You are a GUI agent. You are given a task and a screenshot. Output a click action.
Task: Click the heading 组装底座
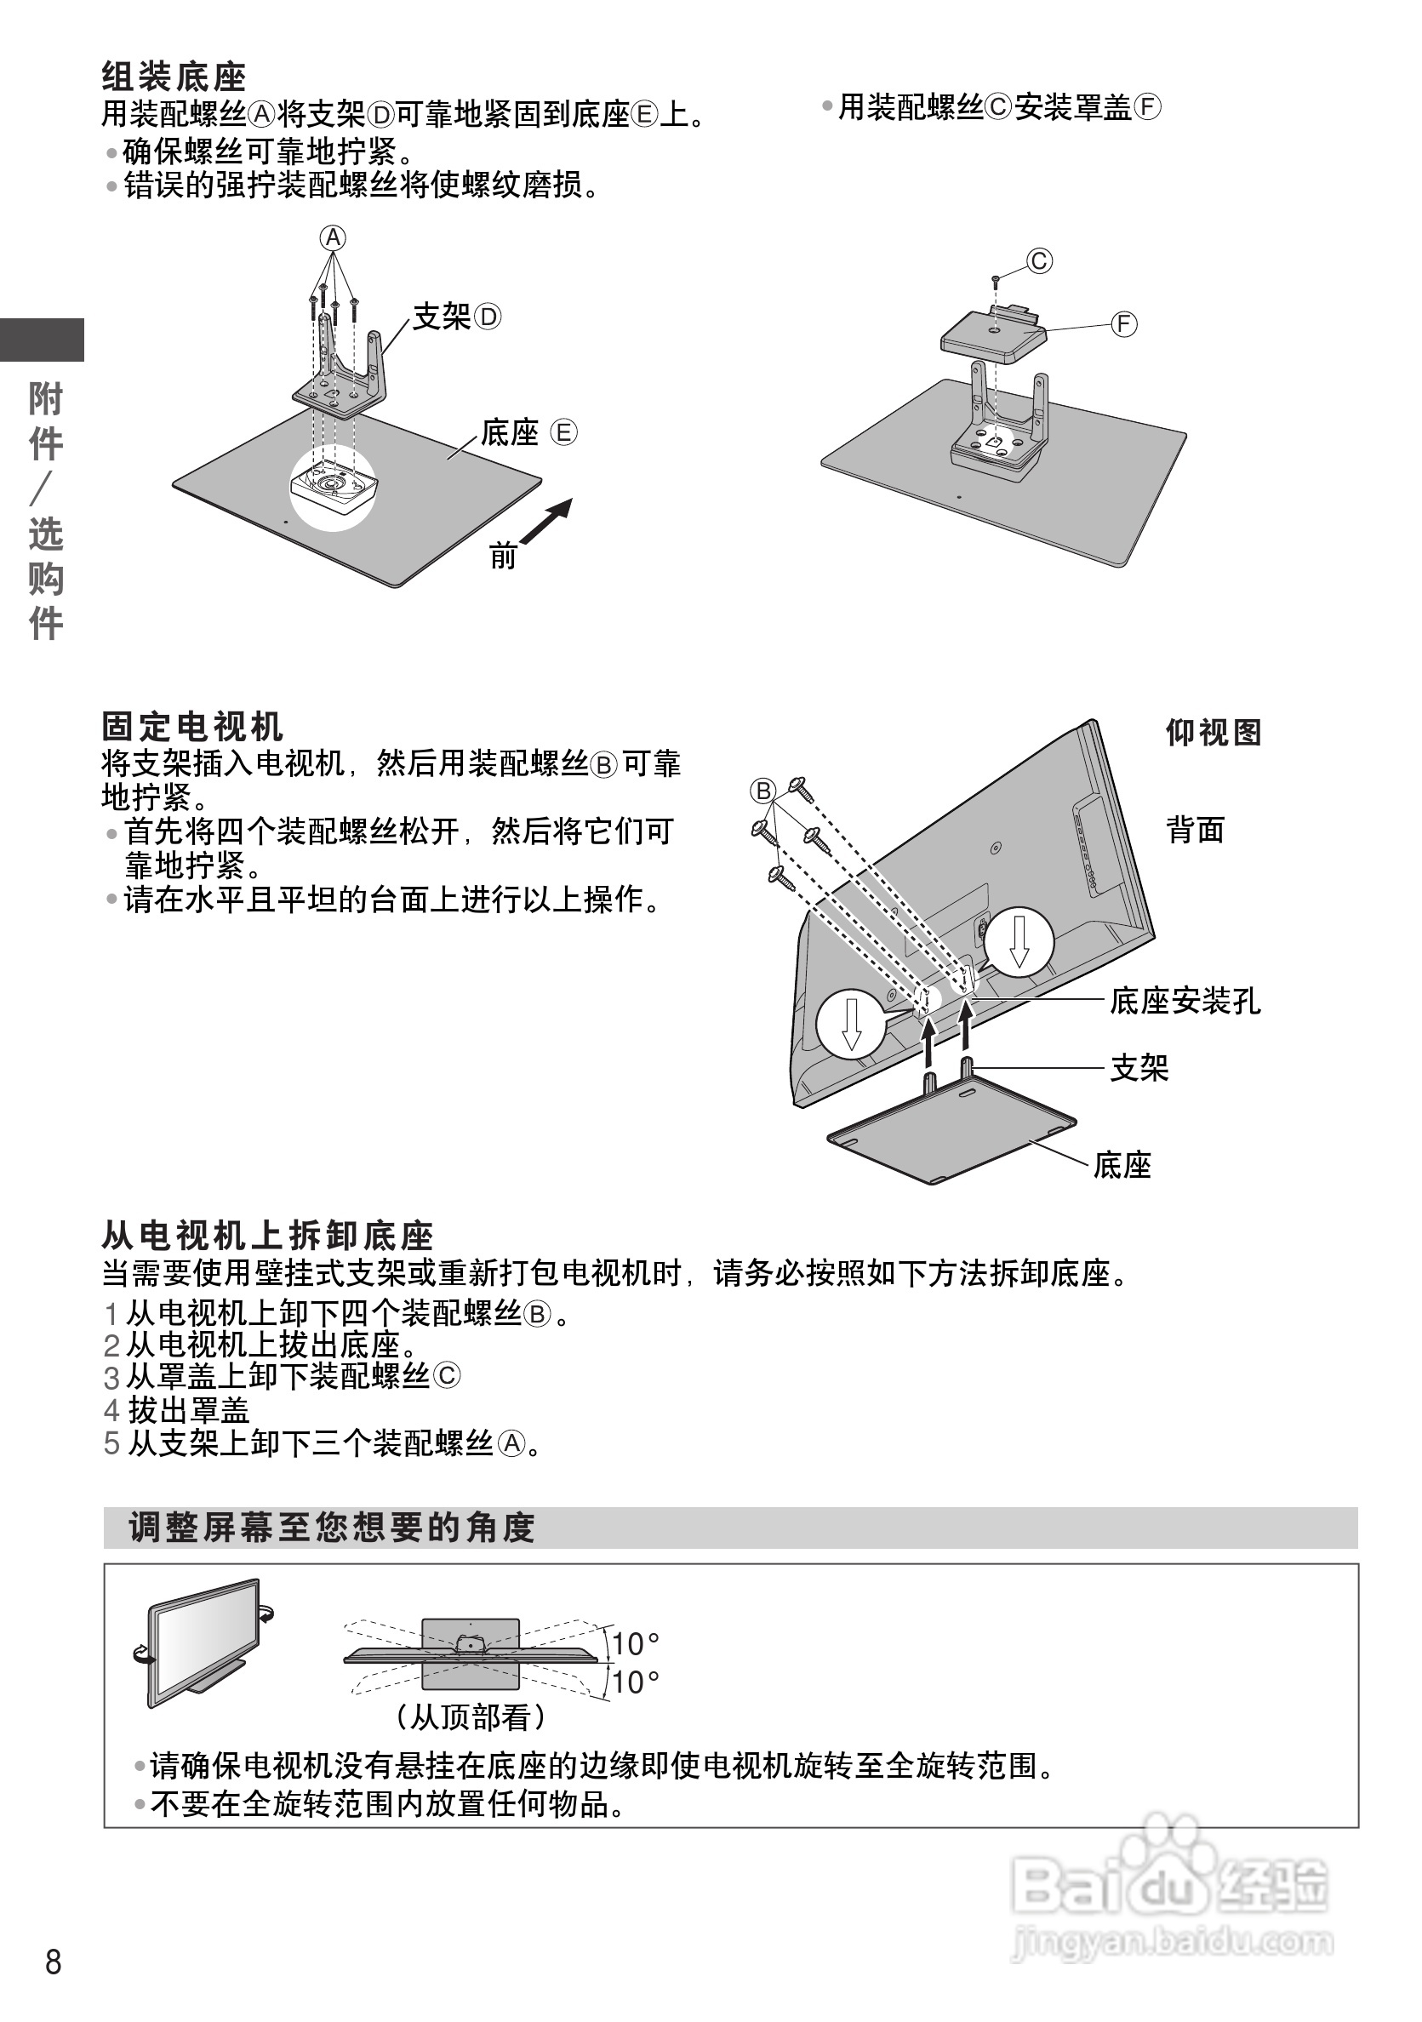[x=174, y=77]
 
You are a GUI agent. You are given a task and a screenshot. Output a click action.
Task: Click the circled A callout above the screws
[x=333, y=237]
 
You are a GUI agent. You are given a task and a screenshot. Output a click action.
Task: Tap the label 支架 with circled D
[x=456, y=317]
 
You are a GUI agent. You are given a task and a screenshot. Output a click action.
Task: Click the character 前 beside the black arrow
[x=503, y=557]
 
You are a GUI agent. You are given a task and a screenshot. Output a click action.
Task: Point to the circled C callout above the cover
[x=1040, y=261]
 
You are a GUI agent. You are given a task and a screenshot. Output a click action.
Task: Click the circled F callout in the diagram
[x=1123, y=324]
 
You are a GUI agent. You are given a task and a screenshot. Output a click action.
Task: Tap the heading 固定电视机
[x=192, y=728]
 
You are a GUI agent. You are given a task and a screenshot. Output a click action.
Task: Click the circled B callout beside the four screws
[x=762, y=790]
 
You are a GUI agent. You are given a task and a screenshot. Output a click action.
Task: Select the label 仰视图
[x=1214, y=732]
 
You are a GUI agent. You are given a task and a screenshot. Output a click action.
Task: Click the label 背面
[x=1195, y=830]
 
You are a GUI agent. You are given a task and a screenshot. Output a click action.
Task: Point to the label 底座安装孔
[x=1185, y=1002]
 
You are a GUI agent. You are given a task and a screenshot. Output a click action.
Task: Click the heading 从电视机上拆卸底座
[x=268, y=1237]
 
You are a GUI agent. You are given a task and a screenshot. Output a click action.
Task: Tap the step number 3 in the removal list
[x=111, y=1377]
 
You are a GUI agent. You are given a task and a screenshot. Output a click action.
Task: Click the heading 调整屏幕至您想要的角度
[x=332, y=1528]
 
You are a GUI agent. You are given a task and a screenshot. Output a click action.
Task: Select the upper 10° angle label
[x=635, y=1644]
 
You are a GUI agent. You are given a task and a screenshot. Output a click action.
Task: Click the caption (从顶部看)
[x=471, y=1717]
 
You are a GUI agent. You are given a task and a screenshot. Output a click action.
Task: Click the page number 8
[x=53, y=1963]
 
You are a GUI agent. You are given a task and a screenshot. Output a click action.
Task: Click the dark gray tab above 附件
[x=42, y=340]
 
